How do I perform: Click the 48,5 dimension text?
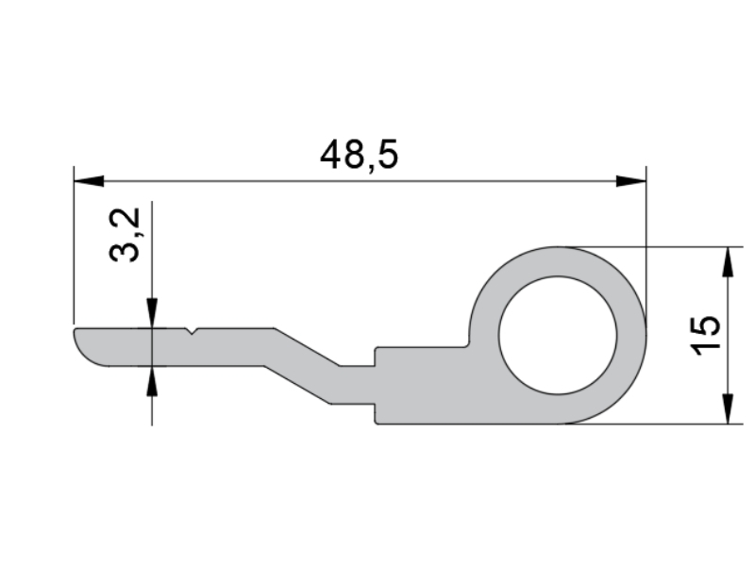pos(360,155)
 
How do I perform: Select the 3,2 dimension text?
pos(125,235)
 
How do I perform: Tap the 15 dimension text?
pos(706,336)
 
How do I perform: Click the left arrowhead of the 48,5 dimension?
pos(89,181)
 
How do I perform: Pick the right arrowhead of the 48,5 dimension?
pos(631,181)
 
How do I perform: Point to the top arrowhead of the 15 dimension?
pos(728,262)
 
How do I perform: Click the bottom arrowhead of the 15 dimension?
pos(728,409)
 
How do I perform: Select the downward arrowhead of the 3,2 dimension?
pos(152,313)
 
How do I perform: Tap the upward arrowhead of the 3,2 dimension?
pos(152,381)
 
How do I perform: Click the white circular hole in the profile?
pos(558,336)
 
